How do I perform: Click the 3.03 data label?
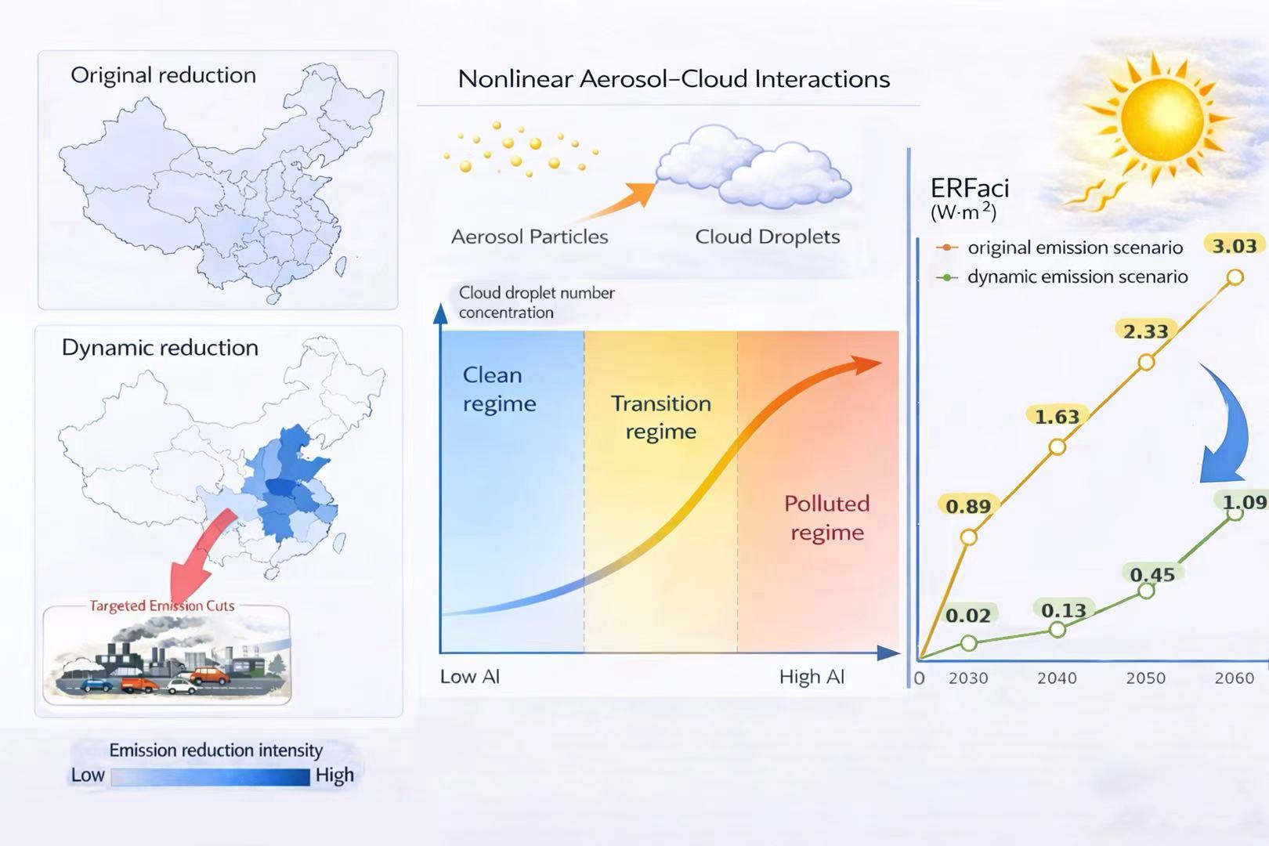click(x=1235, y=246)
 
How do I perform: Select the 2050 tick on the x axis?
click(x=1145, y=678)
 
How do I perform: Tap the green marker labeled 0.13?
click(x=1057, y=630)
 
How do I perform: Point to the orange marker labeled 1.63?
click(x=1057, y=447)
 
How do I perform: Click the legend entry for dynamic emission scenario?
click(x=1061, y=277)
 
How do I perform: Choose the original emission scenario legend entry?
click(x=1059, y=248)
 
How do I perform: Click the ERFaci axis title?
click(x=969, y=198)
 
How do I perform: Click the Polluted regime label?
click(x=827, y=518)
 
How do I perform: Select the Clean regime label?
click(x=499, y=389)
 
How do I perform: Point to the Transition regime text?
click(x=661, y=417)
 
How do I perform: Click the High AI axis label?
click(x=812, y=677)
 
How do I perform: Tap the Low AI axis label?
click(x=470, y=677)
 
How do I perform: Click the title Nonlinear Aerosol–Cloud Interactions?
click(x=674, y=79)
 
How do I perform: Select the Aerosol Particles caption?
click(x=529, y=237)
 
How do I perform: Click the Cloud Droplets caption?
click(x=767, y=237)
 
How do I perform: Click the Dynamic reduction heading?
click(x=160, y=347)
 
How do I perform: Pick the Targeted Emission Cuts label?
click(x=162, y=606)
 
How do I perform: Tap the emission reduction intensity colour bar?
click(x=210, y=777)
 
